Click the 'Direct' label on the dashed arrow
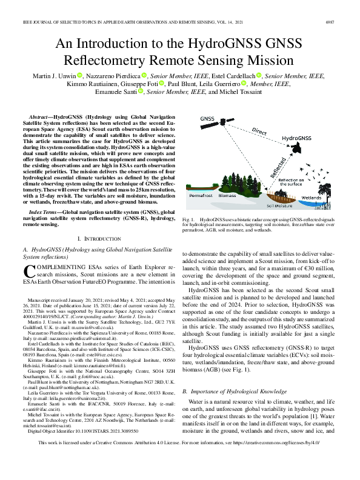[x=259, y=132]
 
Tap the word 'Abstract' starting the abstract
[x=39, y=115]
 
